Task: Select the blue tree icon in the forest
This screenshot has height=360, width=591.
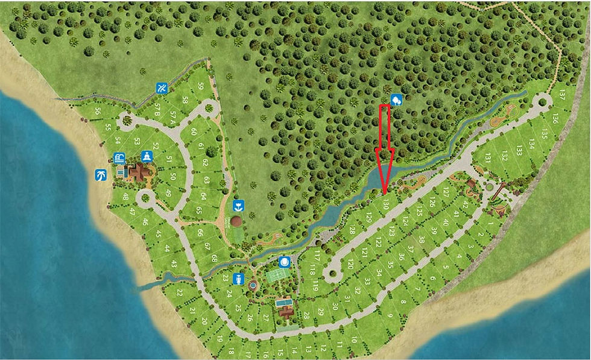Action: (x=396, y=100)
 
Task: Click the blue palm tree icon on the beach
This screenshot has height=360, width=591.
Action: (x=100, y=175)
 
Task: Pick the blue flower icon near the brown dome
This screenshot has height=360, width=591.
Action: (x=238, y=206)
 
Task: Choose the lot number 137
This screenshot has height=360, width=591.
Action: (x=562, y=95)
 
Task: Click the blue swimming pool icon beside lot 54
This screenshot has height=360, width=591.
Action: (x=119, y=159)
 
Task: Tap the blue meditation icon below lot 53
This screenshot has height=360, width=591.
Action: (x=146, y=157)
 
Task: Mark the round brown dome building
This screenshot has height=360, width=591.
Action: (x=237, y=221)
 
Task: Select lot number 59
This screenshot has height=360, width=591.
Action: (x=201, y=87)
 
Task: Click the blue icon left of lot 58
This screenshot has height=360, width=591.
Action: (x=162, y=89)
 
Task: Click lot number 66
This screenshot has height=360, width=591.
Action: (x=200, y=233)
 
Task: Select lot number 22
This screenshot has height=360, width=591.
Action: (x=180, y=292)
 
